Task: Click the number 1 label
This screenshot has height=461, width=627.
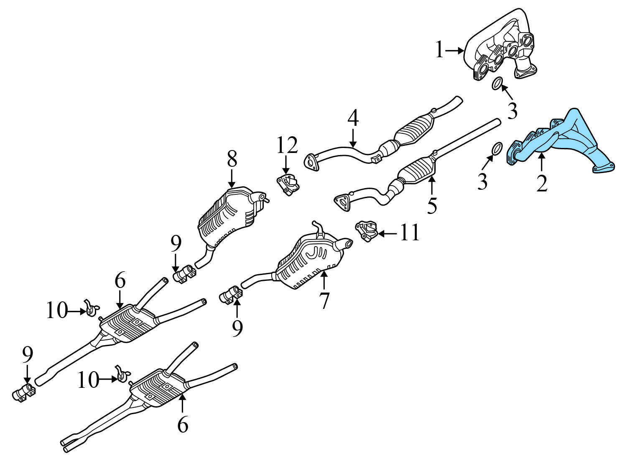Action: [439, 51]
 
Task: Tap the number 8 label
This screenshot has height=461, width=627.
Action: [232, 159]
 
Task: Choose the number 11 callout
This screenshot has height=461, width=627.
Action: [410, 233]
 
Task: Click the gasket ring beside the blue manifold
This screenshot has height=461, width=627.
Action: [495, 148]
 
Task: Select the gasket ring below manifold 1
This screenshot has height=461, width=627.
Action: [496, 83]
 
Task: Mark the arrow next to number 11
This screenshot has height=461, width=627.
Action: [387, 233]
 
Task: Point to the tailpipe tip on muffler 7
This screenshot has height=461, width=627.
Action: [346, 244]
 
